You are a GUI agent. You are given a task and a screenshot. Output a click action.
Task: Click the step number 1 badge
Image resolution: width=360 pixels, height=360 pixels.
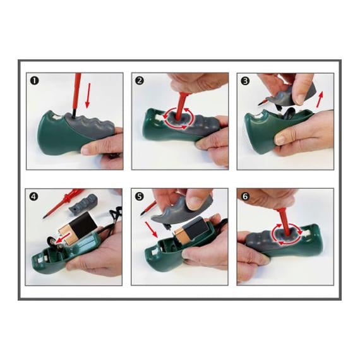(35, 81)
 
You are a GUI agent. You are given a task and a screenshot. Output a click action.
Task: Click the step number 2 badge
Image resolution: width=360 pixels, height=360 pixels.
(140, 81)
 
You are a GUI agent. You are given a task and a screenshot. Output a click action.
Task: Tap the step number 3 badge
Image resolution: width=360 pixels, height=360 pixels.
(245, 81)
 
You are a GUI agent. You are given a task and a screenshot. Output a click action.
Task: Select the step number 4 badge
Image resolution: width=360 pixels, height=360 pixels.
(33, 197)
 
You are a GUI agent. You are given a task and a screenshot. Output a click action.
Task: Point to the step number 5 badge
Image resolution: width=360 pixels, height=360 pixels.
(140, 197)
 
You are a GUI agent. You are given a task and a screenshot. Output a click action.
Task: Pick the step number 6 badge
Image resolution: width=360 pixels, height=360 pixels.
(245, 197)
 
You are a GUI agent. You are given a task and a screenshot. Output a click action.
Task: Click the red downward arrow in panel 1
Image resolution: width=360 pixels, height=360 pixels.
(88, 95)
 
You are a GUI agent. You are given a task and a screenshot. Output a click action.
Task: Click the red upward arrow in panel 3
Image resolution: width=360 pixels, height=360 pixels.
(320, 99)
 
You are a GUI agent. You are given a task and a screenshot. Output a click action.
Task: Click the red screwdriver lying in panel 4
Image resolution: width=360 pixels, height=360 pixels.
(63, 202)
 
